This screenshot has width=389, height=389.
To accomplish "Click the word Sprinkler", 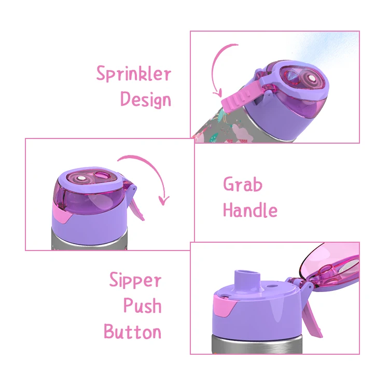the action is (134, 74).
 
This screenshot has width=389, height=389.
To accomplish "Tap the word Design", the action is (146, 99).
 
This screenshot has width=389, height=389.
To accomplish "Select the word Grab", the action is (243, 184).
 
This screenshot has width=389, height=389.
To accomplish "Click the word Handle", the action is (250, 210).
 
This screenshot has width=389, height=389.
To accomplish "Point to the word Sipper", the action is (135, 281).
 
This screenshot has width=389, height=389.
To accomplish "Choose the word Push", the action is (143, 305).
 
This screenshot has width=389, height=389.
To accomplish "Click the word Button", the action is (132, 331).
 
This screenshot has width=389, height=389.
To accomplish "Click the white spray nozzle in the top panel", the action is (312, 79).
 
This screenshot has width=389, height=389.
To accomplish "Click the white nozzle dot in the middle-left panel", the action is (80, 178).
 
